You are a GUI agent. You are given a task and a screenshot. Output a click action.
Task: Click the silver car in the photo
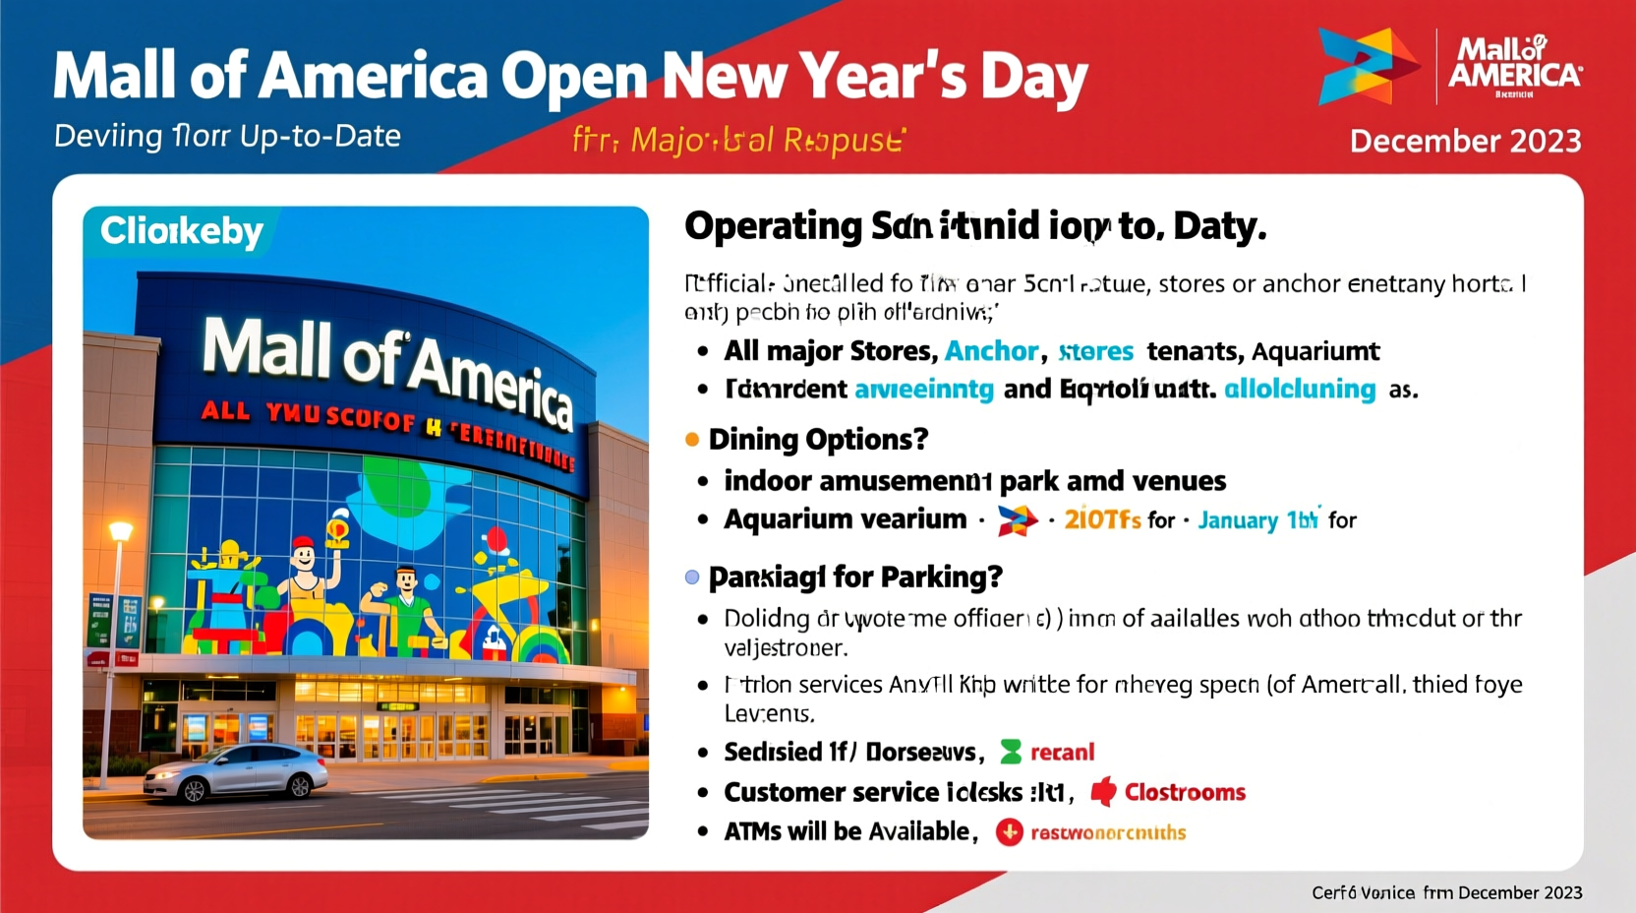pos(236,772)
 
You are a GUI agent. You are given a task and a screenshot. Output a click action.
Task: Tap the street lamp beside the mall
pos(119,533)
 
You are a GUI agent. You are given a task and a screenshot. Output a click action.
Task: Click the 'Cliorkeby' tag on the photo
pos(181,231)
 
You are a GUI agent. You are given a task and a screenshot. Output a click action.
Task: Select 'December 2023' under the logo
pos(1465,141)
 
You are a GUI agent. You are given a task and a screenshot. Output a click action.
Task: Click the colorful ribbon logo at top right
pos(1367,66)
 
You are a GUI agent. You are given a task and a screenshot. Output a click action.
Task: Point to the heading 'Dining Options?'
pos(818,439)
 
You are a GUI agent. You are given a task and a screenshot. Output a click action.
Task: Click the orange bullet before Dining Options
pos(692,440)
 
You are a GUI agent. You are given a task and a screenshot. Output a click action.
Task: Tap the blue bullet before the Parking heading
pos(692,578)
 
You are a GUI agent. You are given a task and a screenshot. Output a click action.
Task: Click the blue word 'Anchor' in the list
pos(991,351)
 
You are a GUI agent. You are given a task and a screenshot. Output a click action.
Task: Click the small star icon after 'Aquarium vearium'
pos(1017,520)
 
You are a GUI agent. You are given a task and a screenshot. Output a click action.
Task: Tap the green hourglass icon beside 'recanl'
pos(1011,753)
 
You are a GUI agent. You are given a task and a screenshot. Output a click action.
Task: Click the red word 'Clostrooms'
pos(1184,792)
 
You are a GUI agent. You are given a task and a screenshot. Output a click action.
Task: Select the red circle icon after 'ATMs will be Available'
pos(1009,832)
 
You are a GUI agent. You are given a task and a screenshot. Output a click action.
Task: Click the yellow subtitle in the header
pos(737,141)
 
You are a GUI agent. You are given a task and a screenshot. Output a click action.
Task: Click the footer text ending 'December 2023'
pos(1446,892)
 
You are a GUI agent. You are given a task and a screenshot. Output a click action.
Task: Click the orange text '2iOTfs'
pos(1102,519)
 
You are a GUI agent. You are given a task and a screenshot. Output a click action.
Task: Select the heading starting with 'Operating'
pos(974,226)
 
